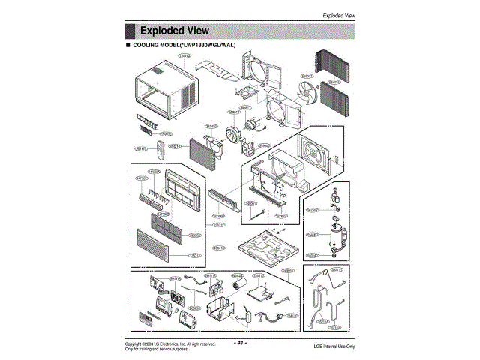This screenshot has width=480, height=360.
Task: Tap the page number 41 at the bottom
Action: [x=241, y=343]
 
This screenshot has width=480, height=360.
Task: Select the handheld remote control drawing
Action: [x=162, y=148]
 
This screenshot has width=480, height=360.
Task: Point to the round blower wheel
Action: [x=236, y=138]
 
